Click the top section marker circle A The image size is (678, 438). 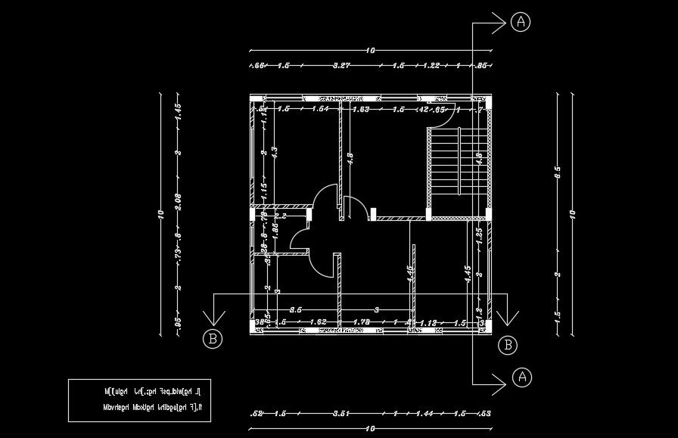click(521, 22)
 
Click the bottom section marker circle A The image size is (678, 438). click(521, 377)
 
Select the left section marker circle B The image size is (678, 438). click(213, 338)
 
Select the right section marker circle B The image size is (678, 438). click(508, 345)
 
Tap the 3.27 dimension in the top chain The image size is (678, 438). click(341, 66)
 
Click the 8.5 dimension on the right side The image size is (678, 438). click(558, 171)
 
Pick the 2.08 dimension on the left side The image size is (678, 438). click(179, 200)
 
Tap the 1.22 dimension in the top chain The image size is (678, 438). click(431, 66)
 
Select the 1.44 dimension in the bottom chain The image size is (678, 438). click(424, 414)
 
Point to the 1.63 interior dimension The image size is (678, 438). click(360, 109)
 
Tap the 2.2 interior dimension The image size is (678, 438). click(280, 216)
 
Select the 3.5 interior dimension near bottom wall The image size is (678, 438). click(295, 309)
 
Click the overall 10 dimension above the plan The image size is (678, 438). click(370, 51)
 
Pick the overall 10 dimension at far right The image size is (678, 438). click(573, 214)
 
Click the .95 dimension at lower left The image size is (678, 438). click(179, 321)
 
